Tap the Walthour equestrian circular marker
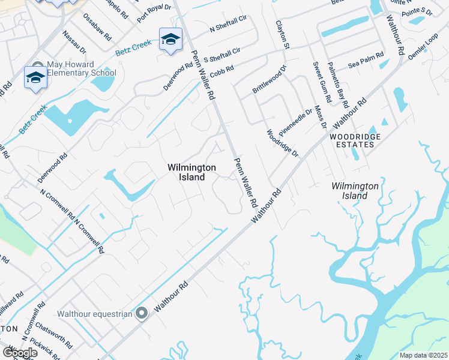pos(142,313)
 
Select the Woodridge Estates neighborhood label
pos(355,140)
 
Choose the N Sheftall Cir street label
pos(228,25)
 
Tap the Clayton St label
pos(282,34)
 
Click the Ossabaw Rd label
pos(98,26)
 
